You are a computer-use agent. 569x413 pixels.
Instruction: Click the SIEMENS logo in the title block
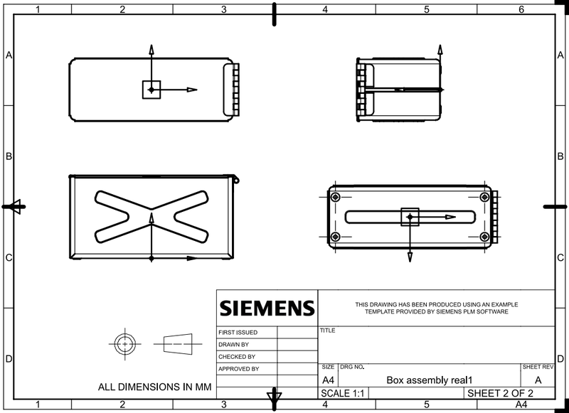point(267,309)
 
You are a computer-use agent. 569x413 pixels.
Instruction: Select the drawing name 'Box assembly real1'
point(430,380)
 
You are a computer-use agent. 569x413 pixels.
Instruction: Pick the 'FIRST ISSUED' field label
point(238,332)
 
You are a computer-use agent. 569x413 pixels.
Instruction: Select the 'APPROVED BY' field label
point(239,369)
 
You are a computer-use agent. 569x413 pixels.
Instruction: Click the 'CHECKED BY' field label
point(237,357)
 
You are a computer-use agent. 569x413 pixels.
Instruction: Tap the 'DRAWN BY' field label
point(234,344)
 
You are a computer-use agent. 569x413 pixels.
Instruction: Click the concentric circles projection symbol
point(125,343)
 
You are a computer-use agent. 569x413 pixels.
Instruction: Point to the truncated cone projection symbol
point(177,343)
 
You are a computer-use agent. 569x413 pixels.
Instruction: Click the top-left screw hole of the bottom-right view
point(336,197)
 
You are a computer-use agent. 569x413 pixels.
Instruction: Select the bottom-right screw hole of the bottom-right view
point(484,237)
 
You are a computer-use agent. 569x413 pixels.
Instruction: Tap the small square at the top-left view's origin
point(151,90)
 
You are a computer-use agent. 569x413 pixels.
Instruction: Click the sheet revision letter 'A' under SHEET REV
point(538,380)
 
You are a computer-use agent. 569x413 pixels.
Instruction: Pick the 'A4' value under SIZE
point(329,380)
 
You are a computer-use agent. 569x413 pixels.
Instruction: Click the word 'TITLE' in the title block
point(328,331)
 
